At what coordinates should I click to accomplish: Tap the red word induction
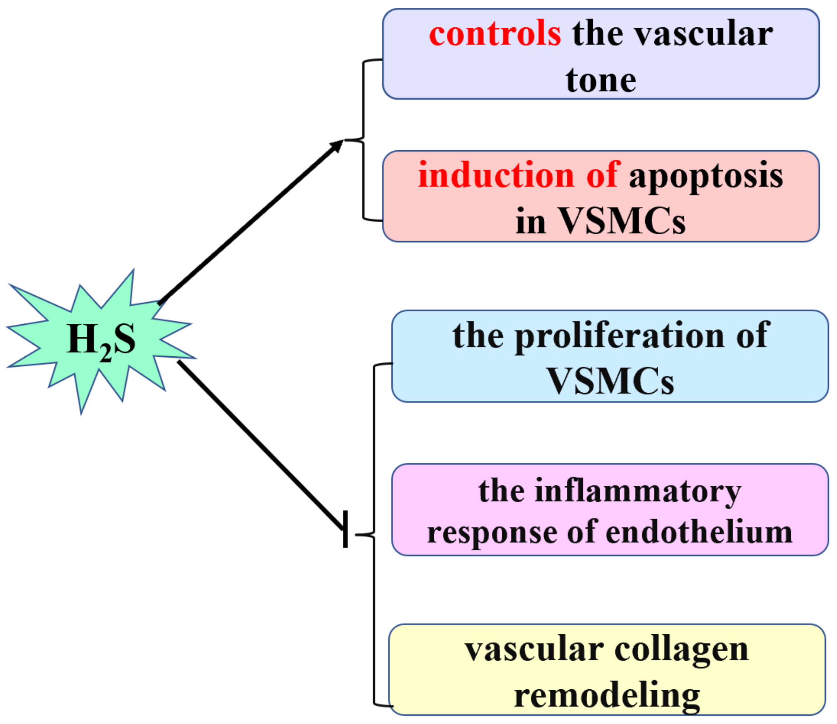(496, 175)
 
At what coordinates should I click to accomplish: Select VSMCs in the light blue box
(610, 381)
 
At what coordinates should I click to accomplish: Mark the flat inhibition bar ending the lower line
(345, 529)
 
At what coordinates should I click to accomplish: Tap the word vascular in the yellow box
(534, 650)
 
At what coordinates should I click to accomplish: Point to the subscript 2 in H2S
(106, 353)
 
